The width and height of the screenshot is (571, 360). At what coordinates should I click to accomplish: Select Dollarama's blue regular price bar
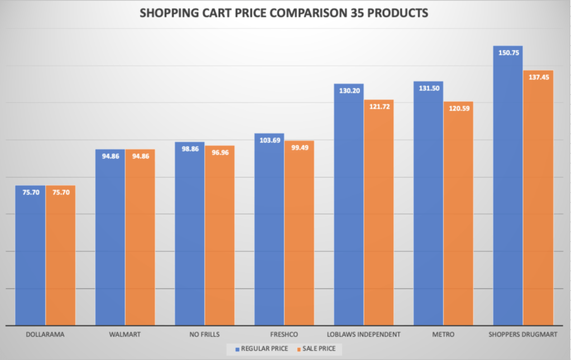pyautogui.click(x=30, y=257)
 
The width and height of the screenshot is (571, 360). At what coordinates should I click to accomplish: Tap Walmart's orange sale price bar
pyautogui.click(x=140, y=240)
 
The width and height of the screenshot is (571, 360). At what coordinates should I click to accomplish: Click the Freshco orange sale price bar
pyautogui.click(x=299, y=234)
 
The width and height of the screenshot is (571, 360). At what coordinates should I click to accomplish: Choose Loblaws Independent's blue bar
pyautogui.click(x=349, y=207)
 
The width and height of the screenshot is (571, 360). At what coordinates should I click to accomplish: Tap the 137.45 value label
pyautogui.click(x=538, y=78)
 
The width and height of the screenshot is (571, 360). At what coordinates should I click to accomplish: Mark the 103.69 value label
pyautogui.click(x=269, y=140)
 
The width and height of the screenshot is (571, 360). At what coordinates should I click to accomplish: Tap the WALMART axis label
pyautogui.click(x=125, y=335)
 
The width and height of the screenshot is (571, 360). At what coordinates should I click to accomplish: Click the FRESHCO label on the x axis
pyautogui.click(x=284, y=335)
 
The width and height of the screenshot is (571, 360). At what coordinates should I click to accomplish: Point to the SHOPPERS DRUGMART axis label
pyautogui.click(x=523, y=335)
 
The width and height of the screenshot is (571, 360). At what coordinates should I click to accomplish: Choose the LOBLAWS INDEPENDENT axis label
pyautogui.click(x=364, y=335)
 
